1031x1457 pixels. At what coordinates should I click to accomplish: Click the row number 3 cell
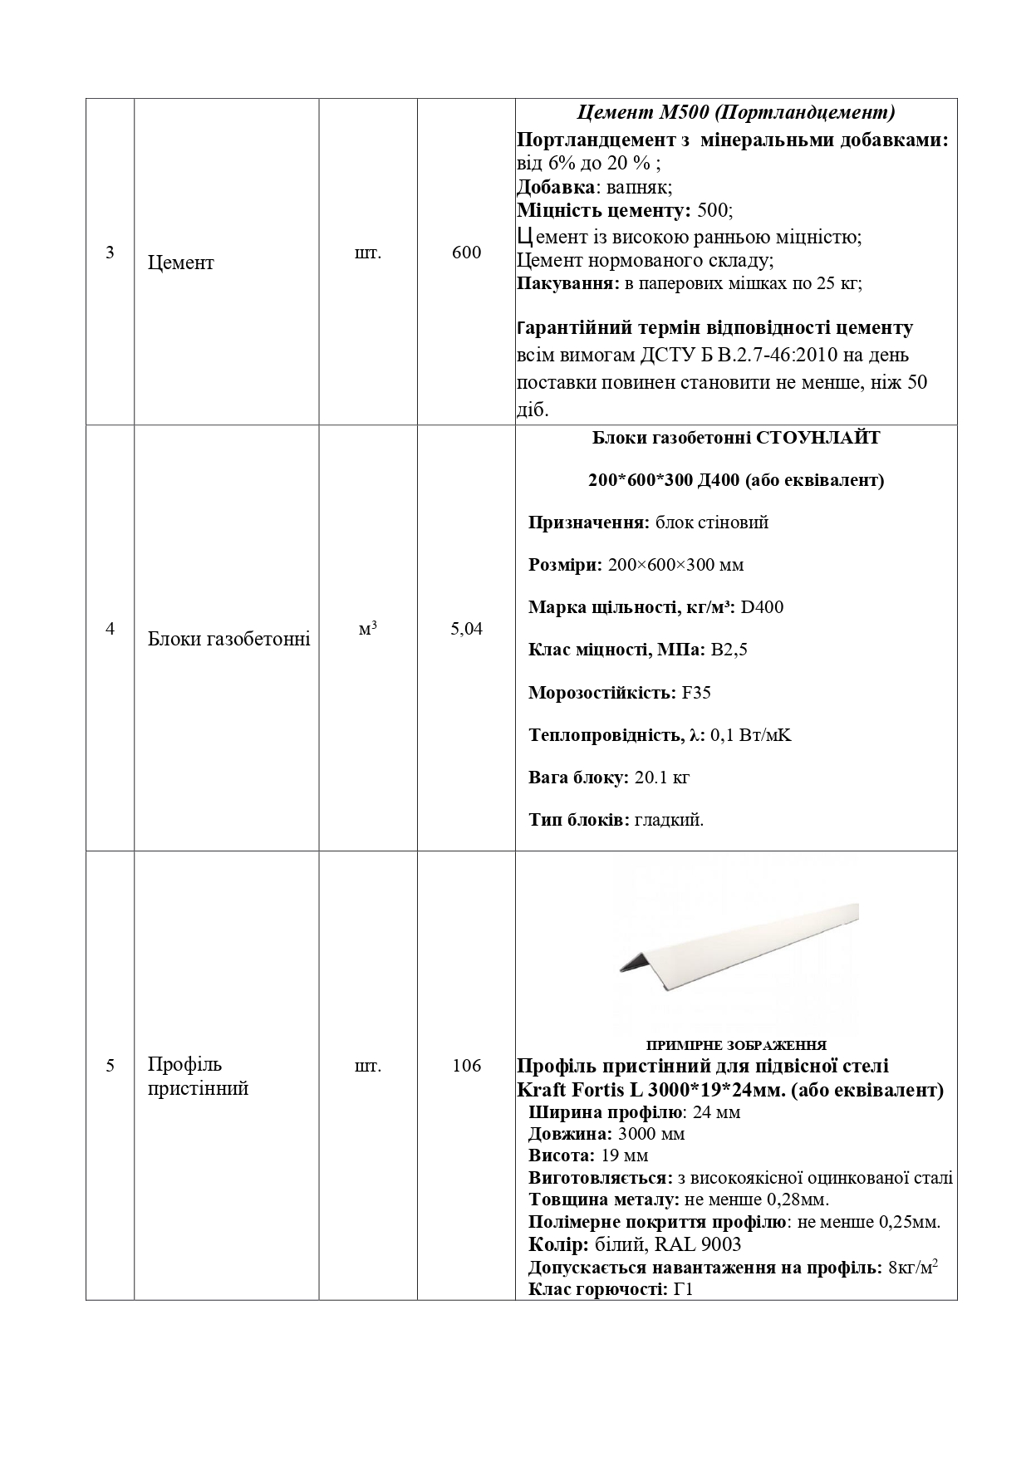tap(110, 253)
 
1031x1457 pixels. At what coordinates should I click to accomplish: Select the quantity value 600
tap(466, 253)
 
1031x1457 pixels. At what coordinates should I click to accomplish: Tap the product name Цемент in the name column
tap(180, 262)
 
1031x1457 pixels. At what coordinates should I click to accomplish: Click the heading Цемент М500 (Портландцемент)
tap(735, 112)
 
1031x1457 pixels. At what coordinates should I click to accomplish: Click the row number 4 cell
tap(110, 629)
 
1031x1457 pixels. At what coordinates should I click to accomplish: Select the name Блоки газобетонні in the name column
tap(228, 639)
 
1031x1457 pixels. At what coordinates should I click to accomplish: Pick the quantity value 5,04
tap(466, 629)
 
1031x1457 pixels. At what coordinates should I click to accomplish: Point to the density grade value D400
tap(762, 607)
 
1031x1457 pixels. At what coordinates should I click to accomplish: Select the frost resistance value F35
tap(696, 693)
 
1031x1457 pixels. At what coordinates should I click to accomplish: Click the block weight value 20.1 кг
tap(662, 778)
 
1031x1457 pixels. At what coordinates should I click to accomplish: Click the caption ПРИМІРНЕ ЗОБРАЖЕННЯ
tap(736, 1045)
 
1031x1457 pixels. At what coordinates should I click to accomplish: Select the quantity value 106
tap(466, 1066)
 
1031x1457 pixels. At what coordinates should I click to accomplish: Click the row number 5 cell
tap(110, 1066)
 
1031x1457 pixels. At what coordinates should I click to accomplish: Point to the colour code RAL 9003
tap(698, 1244)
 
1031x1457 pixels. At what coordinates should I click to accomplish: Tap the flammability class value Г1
tap(683, 1289)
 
